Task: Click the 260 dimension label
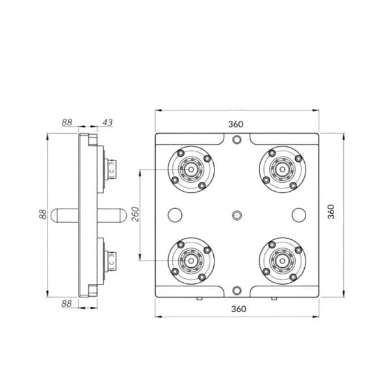(136, 214)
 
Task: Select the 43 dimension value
(107, 122)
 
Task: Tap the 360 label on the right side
(331, 211)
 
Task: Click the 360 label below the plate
(239, 309)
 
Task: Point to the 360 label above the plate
(236, 124)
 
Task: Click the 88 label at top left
(67, 122)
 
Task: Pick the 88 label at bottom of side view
(66, 304)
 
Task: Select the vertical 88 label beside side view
(43, 214)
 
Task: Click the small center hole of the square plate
(237, 215)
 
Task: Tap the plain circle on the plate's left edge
(175, 215)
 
